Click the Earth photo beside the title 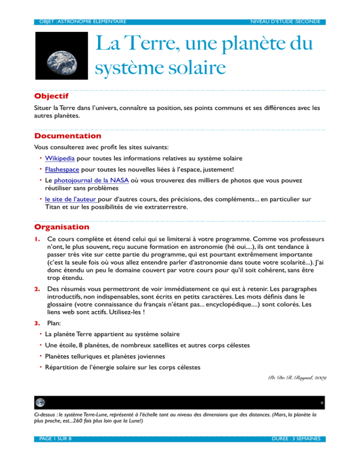coord(61,56)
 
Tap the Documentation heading coord(67,136)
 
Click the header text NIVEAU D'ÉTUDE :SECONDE coord(285,22)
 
